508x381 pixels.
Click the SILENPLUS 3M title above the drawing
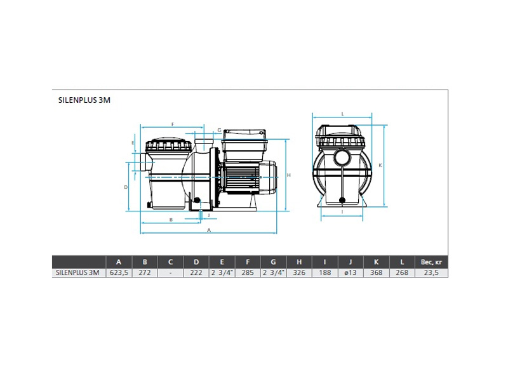84,100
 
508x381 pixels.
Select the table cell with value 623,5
119,273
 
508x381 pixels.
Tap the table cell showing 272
145,273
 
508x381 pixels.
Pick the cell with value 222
196,273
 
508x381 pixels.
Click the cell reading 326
299,273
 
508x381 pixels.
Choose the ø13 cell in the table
351,273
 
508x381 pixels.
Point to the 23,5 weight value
431,273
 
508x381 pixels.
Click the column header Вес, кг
431,262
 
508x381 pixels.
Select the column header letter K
376,262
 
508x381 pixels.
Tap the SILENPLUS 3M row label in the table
77,273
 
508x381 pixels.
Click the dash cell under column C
170,273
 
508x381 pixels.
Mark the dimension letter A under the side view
209,230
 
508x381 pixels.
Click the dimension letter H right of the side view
289,175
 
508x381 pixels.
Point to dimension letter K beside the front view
380,165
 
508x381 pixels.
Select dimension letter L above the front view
342,114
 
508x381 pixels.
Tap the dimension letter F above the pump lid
173,124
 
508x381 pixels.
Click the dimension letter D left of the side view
126,187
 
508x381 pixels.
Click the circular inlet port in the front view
342,157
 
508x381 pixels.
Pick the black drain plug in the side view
196,200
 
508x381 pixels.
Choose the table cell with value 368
376,273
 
